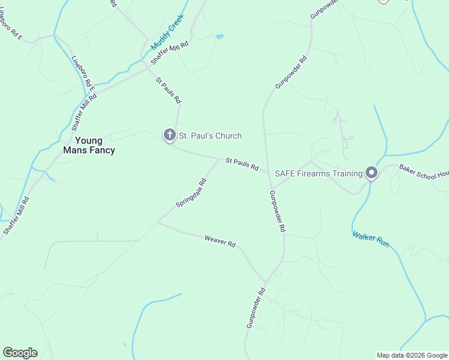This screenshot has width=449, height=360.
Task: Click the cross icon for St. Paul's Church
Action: (170, 136)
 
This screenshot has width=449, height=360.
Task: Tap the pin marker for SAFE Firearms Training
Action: (372, 173)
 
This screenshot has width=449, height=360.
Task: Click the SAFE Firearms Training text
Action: (319, 174)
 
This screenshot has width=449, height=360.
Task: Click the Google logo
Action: (20, 353)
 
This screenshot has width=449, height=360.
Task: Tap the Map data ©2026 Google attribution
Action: (412, 355)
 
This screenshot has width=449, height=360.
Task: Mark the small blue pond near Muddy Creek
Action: (220, 37)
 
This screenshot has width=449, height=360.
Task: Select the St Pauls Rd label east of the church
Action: (242, 164)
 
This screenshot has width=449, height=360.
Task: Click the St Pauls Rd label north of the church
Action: (167, 90)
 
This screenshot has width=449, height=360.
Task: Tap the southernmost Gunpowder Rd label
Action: (256, 308)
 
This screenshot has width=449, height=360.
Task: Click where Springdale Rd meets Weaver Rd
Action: (158, 223)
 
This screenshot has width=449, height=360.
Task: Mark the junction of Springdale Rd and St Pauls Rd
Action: (218, 158)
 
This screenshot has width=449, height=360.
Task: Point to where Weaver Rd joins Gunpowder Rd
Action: (265, 281)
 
